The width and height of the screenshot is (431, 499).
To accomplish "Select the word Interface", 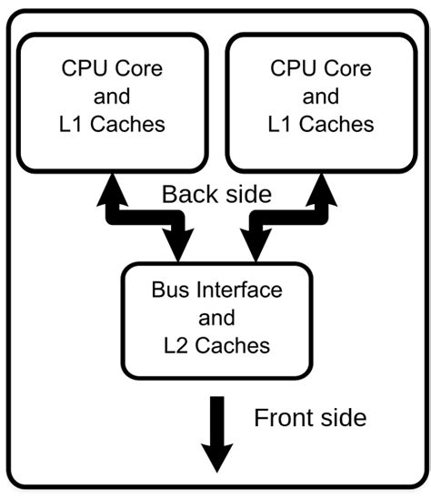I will click(236, 291).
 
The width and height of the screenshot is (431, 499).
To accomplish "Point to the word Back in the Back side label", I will click(189, 194).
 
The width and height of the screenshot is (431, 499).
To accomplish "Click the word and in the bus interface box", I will click(215, 319).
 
